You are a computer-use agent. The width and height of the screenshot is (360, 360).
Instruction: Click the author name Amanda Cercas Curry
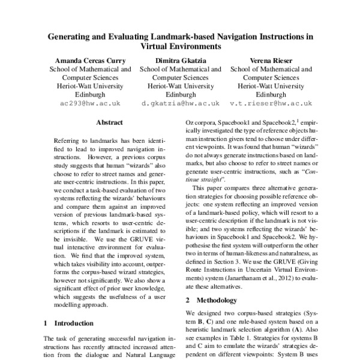coord(89,60)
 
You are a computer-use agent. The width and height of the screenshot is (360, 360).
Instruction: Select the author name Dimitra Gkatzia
coord(179,60)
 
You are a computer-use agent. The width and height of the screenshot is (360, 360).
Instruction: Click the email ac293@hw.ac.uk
coord(89,103)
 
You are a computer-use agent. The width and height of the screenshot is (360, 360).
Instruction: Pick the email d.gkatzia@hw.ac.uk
coord(179,103)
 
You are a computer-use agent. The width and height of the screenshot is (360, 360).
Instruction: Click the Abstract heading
coord(110,123)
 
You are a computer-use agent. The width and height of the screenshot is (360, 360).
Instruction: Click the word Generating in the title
coord(75,35)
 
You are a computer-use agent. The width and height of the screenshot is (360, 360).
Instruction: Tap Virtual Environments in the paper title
coord(179,46)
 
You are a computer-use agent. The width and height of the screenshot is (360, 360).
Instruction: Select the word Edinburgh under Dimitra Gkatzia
coord(179,94)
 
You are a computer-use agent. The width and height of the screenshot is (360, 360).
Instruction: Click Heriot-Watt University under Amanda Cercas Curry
coord(89,86)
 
